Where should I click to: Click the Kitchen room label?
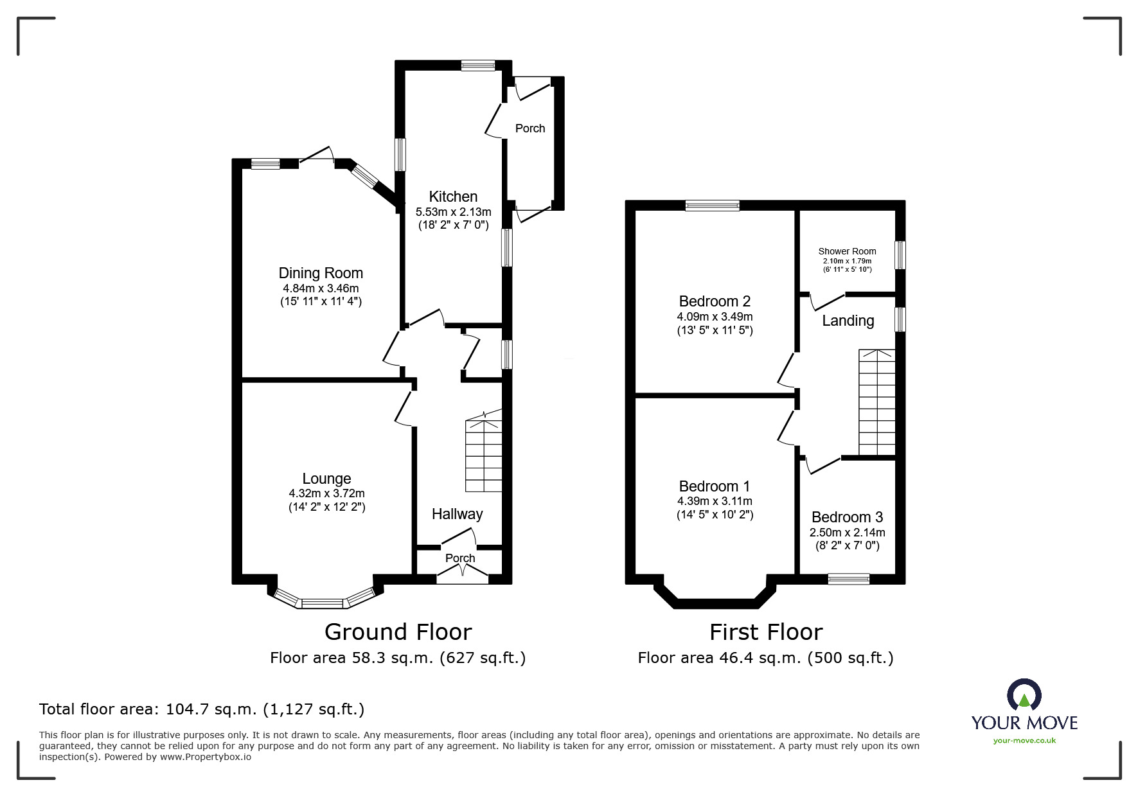453,197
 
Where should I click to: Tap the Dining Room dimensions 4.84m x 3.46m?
320,288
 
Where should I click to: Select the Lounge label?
326,479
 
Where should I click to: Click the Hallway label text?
457,514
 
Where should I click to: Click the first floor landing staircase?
876,402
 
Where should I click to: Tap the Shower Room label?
847,251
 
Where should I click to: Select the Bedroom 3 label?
847,517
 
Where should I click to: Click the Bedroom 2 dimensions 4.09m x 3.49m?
715,317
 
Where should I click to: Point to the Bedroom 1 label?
714,486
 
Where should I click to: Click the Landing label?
848,321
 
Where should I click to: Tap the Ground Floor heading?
398,632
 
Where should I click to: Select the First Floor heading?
765,632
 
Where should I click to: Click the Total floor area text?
202,709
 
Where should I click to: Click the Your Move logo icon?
1024,695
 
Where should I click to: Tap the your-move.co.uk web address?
1024,741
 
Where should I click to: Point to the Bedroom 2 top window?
712,206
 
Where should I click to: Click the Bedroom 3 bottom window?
848,579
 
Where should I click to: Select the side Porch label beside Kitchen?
530,128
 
